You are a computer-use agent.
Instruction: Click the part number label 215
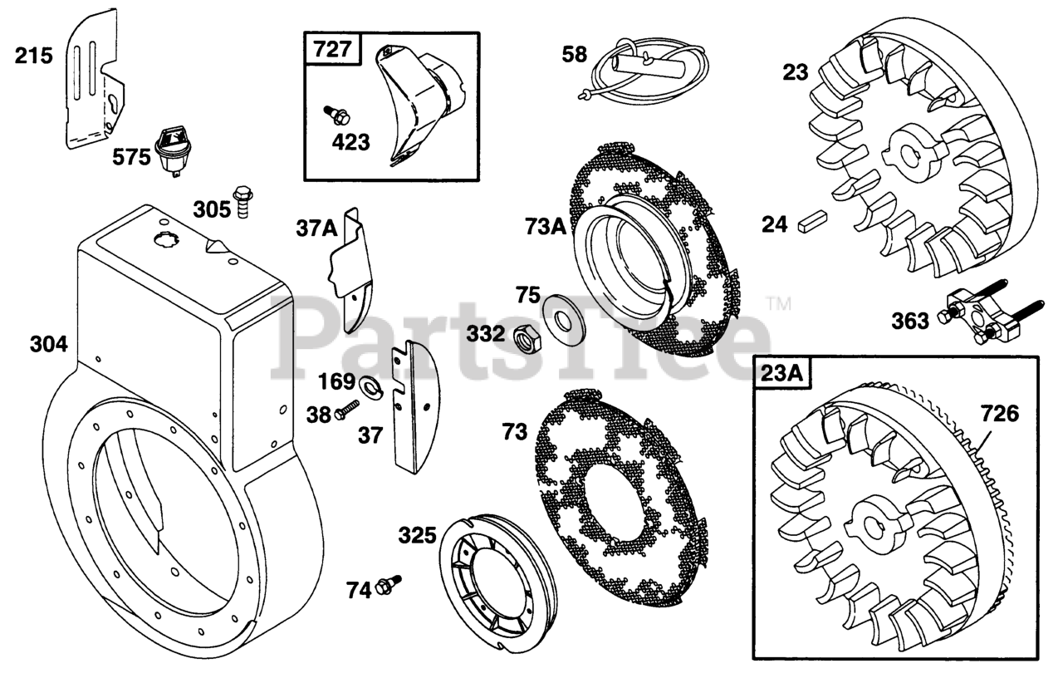(x=34, y=56)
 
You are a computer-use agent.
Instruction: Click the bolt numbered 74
(x=387, y=585)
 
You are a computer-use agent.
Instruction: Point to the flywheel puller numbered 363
(x=988, y=320)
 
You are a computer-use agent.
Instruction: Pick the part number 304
(x=49, y=343)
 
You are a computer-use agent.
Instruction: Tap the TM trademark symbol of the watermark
(x=778, y=305)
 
